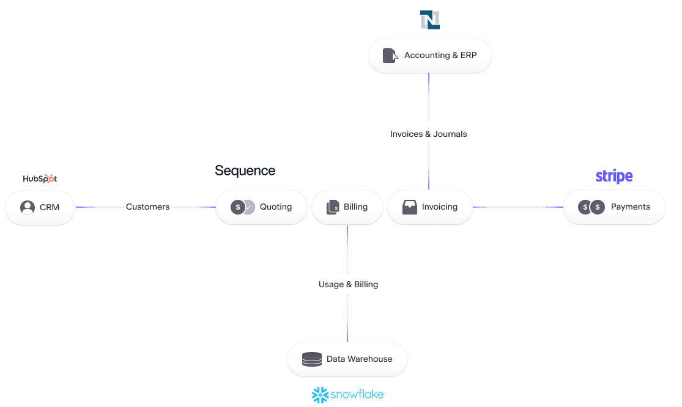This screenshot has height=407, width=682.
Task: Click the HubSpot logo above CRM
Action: tap(40, 178)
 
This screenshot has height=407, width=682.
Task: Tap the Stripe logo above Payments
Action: tap(613, 177)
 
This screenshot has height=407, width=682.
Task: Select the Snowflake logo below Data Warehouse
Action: tap(347, 395)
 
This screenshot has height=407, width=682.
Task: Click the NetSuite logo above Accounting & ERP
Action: tap(429, 20)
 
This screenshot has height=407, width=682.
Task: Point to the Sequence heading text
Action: tap(245, 170)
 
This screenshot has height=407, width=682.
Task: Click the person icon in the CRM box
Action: tap(28, 207)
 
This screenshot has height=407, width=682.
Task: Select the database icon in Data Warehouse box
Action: tap(312, 359)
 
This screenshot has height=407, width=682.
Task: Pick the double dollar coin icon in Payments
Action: tap(591, 207)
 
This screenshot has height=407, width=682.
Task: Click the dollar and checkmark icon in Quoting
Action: tap(243, 207)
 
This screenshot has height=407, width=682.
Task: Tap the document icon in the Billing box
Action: tap(333, 207)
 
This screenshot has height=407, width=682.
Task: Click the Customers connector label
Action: tap(147, 207)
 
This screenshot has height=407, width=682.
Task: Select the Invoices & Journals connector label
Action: tap(428, 134)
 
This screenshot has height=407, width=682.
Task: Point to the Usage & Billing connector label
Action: tap(348, 284)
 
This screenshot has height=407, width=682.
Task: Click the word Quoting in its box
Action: tap(276, 207)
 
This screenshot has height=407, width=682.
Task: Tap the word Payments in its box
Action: tap(630, 207)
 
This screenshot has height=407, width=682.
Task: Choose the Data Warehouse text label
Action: tap(359, 359)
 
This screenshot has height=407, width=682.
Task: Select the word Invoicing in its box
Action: tap(439, 207)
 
